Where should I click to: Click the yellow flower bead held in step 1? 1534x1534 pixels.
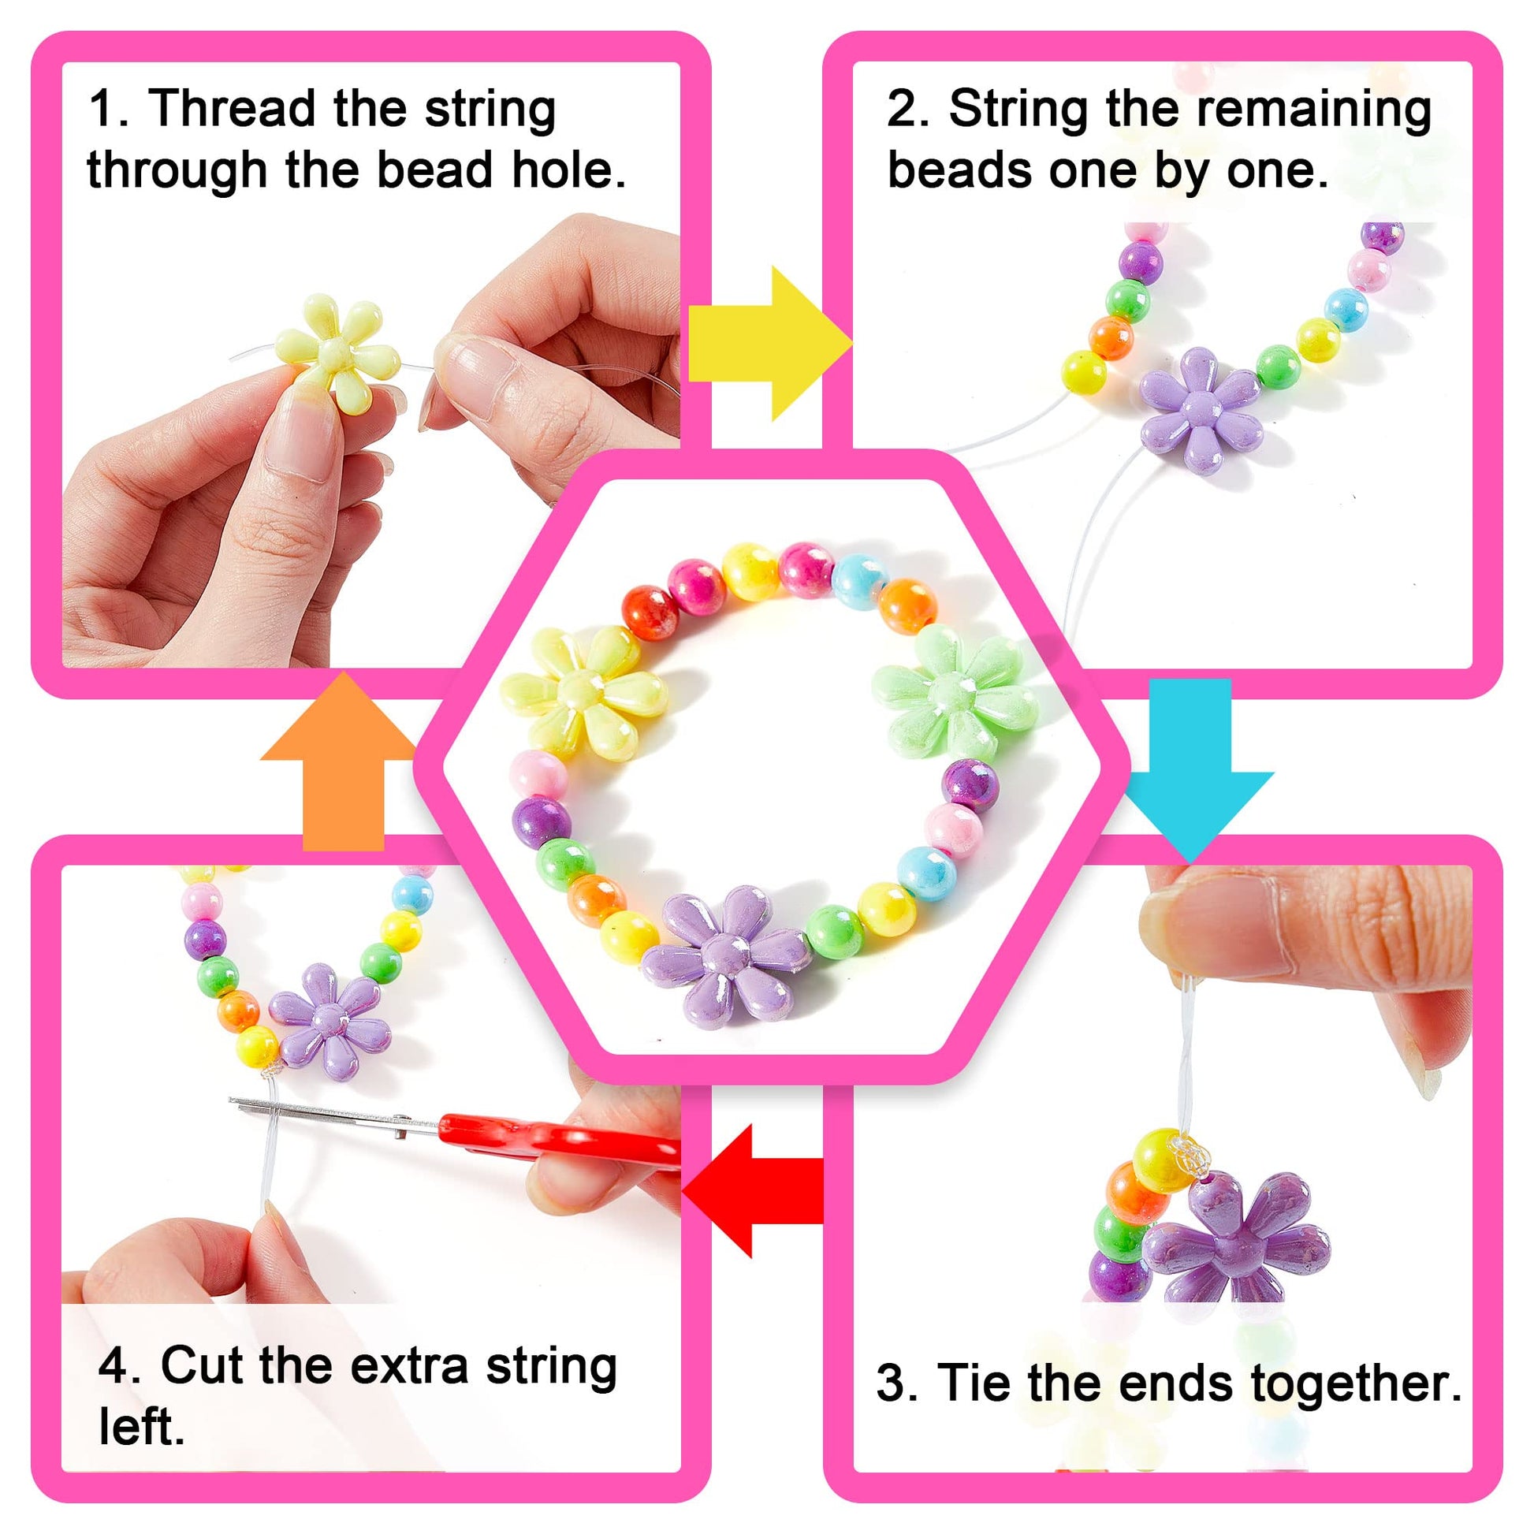point(337,352)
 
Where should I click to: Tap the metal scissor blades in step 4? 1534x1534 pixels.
point(333,1111)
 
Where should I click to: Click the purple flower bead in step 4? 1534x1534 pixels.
point(329,1021)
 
